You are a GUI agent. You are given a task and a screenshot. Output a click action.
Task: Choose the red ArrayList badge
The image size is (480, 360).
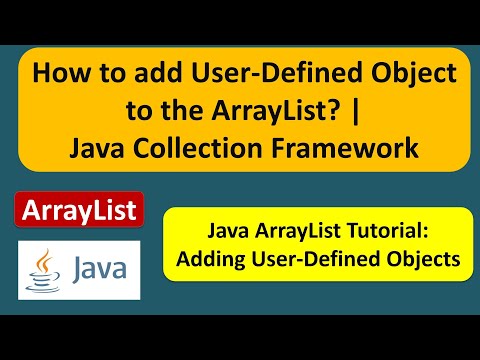(x=79, y=212)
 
